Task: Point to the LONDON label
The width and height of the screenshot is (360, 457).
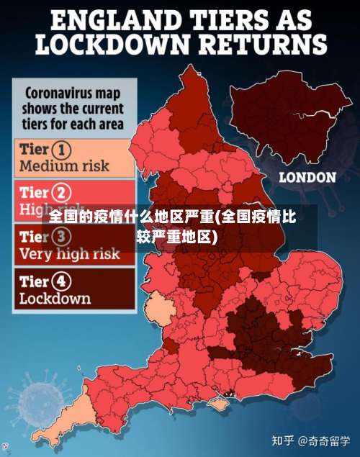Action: point(307,176)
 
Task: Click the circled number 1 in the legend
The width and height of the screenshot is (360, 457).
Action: point(63,150)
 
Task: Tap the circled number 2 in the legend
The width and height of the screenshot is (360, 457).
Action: point(63,192)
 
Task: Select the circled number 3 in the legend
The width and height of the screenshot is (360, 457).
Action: point(63,236)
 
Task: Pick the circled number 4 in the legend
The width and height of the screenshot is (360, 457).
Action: point(63,280)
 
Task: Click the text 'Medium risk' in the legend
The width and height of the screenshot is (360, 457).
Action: point(65,166)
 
